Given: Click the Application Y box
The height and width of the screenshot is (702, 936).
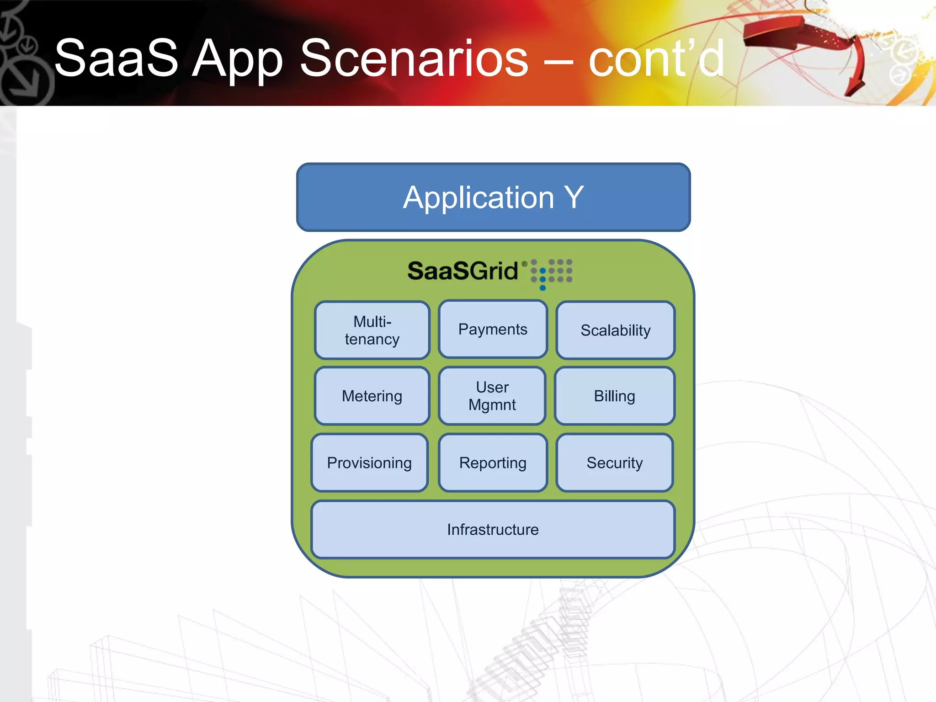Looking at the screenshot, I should pyautogui.click(x=493, y=197).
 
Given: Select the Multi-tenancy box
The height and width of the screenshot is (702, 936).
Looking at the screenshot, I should pyautogui.click(x=372, y=330).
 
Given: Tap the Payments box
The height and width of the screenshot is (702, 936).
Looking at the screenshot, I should pyautogui.click(x=493, y=329).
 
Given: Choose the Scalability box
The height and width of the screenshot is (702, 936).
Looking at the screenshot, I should pyautogui.click(x=615, y=330).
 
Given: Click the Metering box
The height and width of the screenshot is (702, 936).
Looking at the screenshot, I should pyautogui.click(x=372, y=396).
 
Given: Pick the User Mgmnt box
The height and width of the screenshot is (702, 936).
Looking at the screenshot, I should pyautogui.click(x=492, y=396).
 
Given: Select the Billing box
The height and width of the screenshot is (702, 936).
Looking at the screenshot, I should pyautogui.click(x=614, y=396).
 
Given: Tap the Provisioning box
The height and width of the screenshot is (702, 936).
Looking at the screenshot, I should pyautogui.click(x=369, y=463).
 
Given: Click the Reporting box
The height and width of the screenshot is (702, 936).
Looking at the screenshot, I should pyautogui.click(x=493, y=463).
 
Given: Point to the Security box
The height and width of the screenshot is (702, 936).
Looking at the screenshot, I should pyautogui.click(x=614, y=463).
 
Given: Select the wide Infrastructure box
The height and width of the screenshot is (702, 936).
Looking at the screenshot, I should pyautogui.click(x=493, y=529).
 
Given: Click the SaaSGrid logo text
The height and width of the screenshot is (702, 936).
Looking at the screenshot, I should pyautogui.click(x=463, y=271).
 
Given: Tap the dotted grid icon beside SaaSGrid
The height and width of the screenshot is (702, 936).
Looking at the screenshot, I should pyautogui.click(x=551, y=273).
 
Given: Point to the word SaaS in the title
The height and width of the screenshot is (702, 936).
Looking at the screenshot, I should pyautogui.click(x=116, y=58).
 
